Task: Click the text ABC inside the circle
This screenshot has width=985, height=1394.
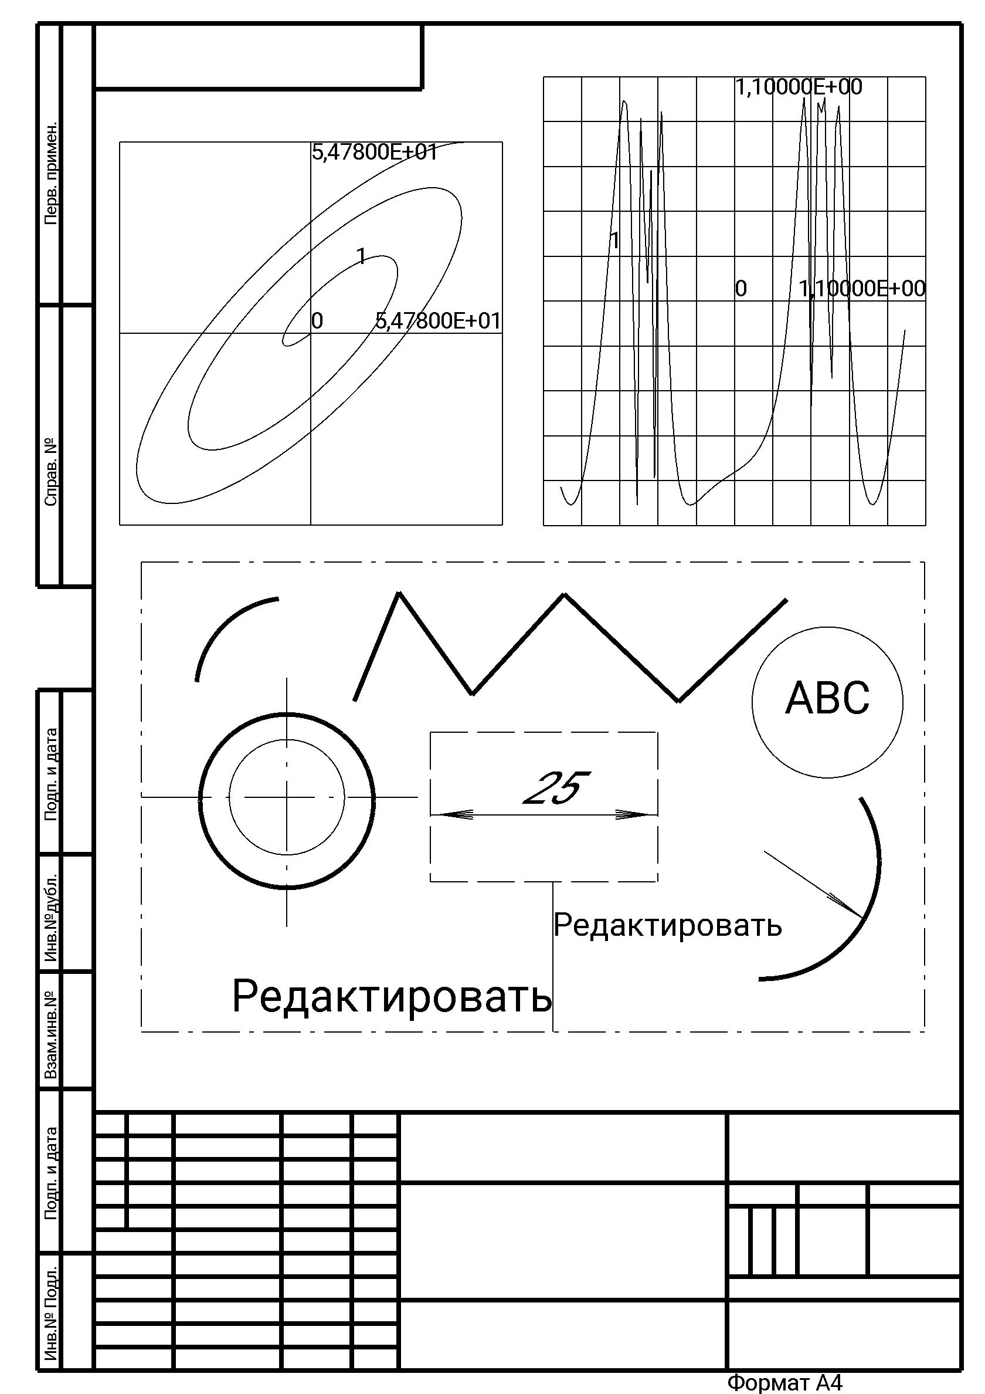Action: point(827,698)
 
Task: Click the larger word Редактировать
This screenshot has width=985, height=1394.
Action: point(392,996)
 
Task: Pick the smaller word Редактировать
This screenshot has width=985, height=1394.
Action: point(668,925)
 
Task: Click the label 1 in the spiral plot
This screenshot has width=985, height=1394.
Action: point(362,257)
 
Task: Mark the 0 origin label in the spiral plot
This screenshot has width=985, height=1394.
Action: point(317,320)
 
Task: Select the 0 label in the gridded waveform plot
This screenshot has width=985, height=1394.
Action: point(741,289)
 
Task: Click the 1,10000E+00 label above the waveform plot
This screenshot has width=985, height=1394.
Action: point(799,87)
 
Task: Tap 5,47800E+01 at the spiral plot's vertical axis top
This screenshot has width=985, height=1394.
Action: point(375,152)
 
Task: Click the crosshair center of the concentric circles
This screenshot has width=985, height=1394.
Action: point(287,796)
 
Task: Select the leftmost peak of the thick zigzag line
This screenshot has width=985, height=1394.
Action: point(399,593)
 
